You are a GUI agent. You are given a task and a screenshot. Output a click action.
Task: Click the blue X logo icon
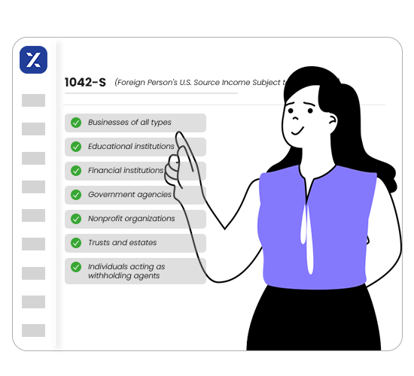(x=33, y=59)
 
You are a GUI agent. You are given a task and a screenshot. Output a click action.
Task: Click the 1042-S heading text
(x=85, y=83)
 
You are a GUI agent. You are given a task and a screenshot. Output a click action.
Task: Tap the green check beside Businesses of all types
(x=76, y=123)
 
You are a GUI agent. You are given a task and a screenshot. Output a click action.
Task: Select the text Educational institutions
(x=131, y=147)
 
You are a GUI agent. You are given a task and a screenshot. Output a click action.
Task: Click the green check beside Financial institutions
(x=76, y=171)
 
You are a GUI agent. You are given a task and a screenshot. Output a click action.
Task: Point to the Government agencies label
(x=129, y=195)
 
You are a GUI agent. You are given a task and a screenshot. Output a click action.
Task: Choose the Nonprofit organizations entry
(x=132, y=219)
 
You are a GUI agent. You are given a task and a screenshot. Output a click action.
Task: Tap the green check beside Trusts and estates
(x=76, y=243)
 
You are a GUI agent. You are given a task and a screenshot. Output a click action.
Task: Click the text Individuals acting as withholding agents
(x=126, y=271)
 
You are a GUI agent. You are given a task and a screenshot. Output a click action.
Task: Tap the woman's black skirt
(x=316, y=331)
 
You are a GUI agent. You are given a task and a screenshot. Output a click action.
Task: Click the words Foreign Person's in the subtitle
(x=151, y=83)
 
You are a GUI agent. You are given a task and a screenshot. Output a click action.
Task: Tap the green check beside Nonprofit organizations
(x=76, y=219)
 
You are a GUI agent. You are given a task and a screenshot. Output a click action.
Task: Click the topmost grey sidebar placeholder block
(x=33, y=100)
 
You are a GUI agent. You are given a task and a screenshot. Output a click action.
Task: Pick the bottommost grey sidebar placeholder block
(x=33, y=330)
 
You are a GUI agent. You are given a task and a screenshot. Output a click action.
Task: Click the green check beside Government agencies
(x=76, y=195)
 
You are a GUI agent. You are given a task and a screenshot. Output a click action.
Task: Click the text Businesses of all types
(x=129, y=123)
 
